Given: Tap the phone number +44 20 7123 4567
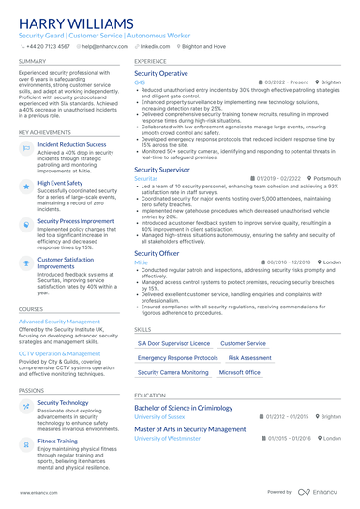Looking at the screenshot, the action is (x=48, y=45).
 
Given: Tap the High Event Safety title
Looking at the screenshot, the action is (x=60, y=184).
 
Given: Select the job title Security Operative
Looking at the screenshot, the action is (x=161, y=72).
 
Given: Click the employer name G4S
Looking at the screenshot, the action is (x=140, y=82).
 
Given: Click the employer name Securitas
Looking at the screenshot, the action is (x=146, y=177).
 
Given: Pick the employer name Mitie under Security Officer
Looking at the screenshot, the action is (x=141, y=262).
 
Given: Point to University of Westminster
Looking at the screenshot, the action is (x=168, y=438).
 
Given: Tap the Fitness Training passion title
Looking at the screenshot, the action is (x=58, y=440).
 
